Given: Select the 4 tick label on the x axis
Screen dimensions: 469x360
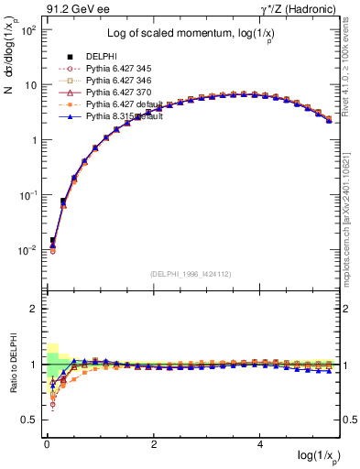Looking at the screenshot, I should click(261, 443).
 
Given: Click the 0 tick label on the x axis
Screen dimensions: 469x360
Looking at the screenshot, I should click(47, 443).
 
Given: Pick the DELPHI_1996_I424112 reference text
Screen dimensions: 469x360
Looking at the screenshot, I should click(191, 274).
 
